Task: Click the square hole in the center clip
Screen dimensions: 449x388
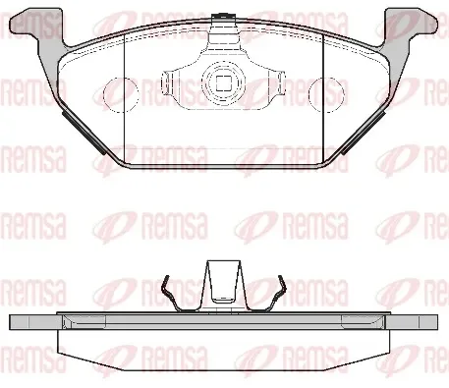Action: pyautogui.click(x=224, y=83)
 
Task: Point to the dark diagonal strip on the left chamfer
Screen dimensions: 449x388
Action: pyautogui.click(x=84, y=133)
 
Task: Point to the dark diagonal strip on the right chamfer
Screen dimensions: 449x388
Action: pyautogui.click(x=363, y=133)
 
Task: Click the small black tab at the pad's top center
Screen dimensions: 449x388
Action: pyautogui.click(x=224, y=16)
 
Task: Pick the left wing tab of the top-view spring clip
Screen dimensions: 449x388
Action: pyautogui.click(x=168, y=83)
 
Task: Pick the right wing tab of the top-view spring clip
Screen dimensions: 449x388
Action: pyautogui.click(x=279, y=83)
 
